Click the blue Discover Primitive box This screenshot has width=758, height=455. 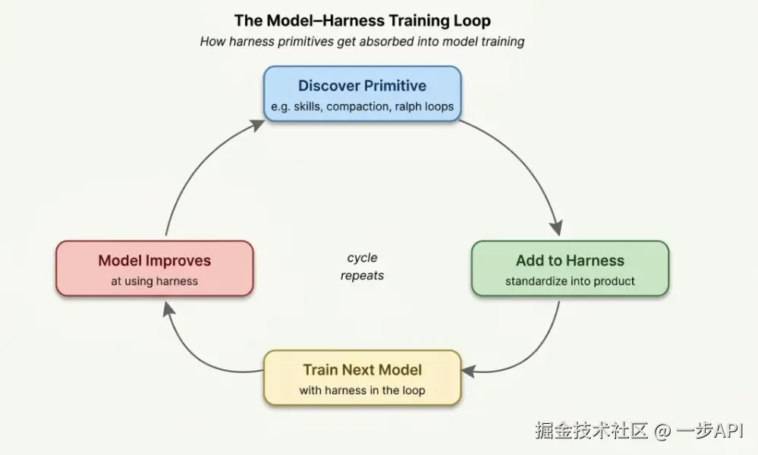(x=362, y=93)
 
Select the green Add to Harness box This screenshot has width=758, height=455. (x=570, y=268)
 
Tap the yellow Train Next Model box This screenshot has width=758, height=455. (x=362, y=377)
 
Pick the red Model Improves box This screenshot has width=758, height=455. (x=154, y=268)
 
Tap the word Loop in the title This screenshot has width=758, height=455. (x=473, y=20)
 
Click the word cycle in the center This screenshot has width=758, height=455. (x=362, y=258)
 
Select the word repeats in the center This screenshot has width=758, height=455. (x=362, y=275)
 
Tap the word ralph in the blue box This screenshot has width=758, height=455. (x=410, y=106)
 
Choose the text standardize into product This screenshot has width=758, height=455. (x=570, y=281)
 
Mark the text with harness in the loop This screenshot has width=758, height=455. (x=362, y=391)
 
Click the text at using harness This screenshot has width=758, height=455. (x=154, y=281)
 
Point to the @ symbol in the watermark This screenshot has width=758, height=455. (x=662, y=431)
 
